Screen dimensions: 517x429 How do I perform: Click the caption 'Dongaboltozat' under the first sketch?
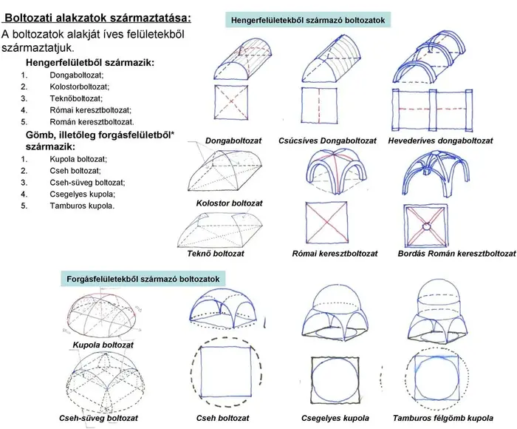point(233,141)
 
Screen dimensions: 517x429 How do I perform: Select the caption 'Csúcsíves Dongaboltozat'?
point(327,141)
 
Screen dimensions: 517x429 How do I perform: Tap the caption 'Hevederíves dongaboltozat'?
point(440,141)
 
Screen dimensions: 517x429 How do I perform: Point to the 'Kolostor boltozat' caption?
point(229,203)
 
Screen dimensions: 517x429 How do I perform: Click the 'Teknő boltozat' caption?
point(216,254)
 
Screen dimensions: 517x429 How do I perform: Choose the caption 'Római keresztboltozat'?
point(335,254)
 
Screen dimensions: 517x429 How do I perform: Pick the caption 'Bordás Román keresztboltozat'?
point(456,254)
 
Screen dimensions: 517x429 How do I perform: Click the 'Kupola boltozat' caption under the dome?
point(103,345)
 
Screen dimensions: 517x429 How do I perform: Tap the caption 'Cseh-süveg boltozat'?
point(98,418)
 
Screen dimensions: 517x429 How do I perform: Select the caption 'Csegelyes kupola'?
point(335,418)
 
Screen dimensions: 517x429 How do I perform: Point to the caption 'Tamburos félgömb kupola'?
point(443,418)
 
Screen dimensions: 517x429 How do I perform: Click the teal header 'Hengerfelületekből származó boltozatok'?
point(308,20)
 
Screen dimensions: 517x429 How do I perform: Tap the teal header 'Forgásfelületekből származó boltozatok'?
point(143,279)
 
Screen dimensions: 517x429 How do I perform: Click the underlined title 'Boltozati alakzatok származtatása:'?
point(97,18)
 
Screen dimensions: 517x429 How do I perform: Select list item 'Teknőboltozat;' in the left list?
point(76,98)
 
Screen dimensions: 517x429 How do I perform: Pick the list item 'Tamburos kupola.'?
point(82,206)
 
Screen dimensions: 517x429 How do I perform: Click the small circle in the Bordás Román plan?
point(426,226)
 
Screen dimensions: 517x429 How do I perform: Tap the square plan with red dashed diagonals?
point(231,102)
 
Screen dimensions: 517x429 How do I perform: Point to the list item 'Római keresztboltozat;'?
point(90,110)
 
